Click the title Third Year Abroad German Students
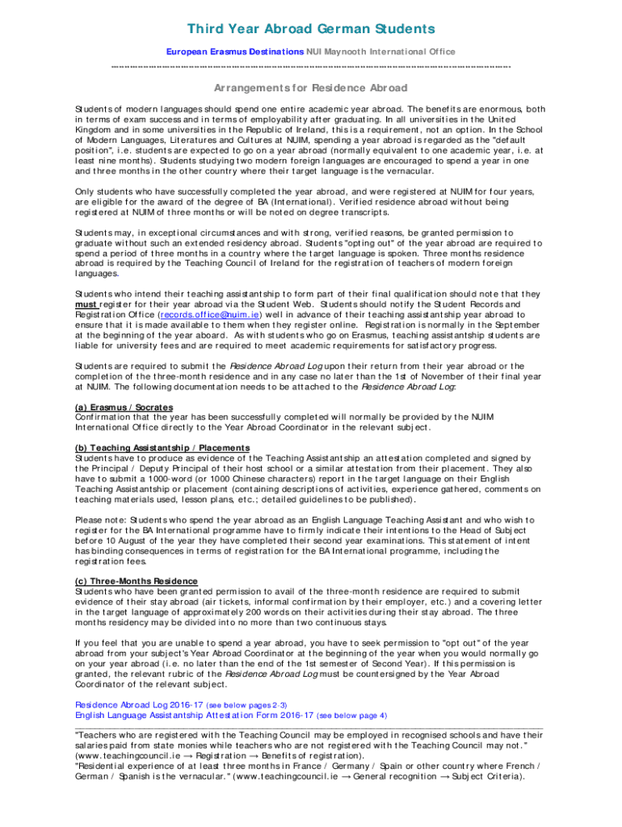(x=311, y=30)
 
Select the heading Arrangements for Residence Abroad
(x=311, y=87)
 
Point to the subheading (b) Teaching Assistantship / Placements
(x=162, y=447)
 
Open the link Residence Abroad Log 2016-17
(x=139, y=704)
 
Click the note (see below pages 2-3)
(x=247, y=704)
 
